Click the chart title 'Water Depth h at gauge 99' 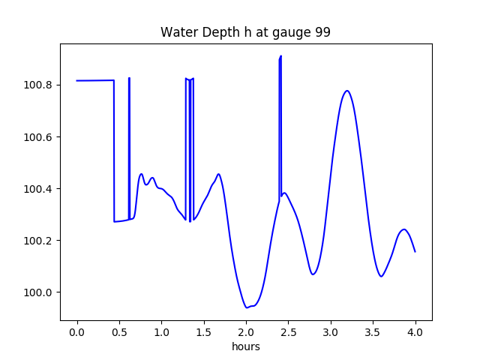[x=245, y=33]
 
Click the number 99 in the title [x=322, y=33]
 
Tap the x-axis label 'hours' [x=245, y=347]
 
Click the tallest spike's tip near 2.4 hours [x=280, y=56]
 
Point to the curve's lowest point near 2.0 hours [x=246, y=307]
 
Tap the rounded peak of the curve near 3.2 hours [x=346, y=91]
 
